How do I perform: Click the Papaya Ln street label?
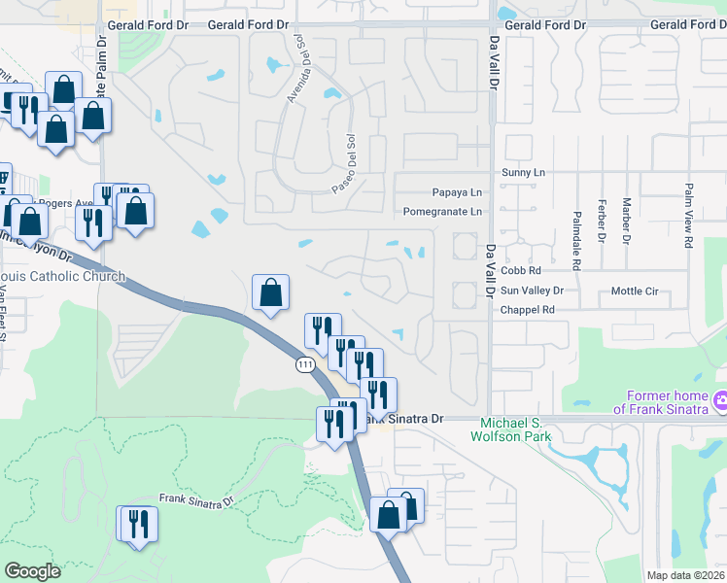coord(457,192)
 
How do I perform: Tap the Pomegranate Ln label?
coord(442,212)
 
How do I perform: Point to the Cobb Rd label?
coord(521,271)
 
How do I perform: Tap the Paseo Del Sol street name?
coord(345,163)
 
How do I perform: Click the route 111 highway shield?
coord(305,364)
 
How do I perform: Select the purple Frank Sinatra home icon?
coord(720,399)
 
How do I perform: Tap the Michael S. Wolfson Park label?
coord(516,429)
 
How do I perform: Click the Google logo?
coord(32,571)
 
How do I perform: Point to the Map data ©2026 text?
coord(685,575)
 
